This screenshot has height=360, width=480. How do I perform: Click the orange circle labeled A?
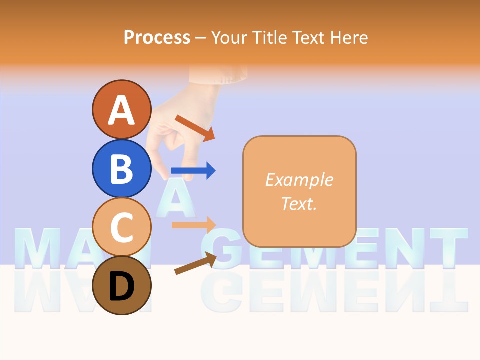tap(121, 110)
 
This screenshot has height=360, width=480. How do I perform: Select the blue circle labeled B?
tap(121, 168)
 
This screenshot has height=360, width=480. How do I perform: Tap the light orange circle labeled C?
tap(121, 227)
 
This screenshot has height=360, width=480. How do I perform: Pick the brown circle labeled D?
tap(121, 286)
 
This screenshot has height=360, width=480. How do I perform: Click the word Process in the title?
tap(157, 37)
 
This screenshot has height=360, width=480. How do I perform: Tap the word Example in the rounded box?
tap(299, 180)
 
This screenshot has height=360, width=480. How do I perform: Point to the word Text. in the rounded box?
tap(299, 203)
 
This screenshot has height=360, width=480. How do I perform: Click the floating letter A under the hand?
tap(173, 198)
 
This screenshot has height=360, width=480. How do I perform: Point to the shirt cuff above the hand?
tap(218, 74)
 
